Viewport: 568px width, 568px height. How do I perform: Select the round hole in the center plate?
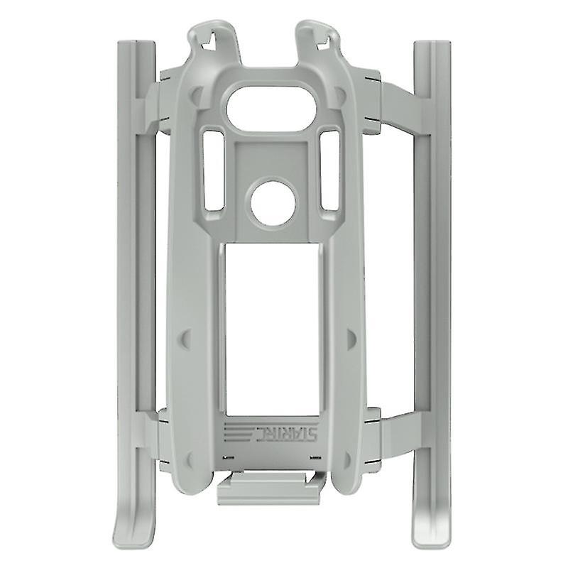pyautogui.click(x=273, y=203)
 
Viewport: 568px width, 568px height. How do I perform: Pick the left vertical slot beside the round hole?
pyautogui.click(x=214, y=170)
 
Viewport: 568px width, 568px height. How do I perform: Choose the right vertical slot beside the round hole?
pyautogui.click(x=330, y=170)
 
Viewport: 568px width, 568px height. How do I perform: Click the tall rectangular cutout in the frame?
pyautogui.click(x=273, y=327)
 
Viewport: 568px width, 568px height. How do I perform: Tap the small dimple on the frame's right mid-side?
pyautogui.click(x=351, y=339)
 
